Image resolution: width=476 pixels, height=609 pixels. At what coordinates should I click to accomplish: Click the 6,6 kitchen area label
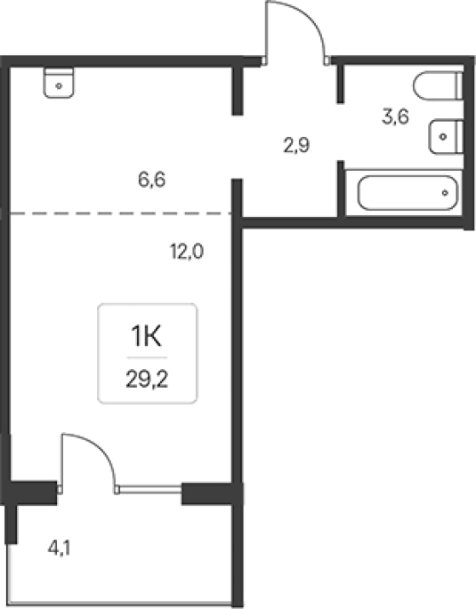pyautogui.click(x=152, y=180)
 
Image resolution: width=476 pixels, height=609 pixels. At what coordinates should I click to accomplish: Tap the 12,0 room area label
pyautogui.click(x=187, y=252)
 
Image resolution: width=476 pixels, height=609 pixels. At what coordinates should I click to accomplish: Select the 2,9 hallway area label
pyautogui.click(x=296, y=146)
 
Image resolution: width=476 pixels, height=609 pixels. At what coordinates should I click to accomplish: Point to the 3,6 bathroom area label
pyautogui.click(x=395, y=116)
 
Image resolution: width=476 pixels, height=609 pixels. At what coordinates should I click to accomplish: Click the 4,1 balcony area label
pyautogui.click(x=60, y=549)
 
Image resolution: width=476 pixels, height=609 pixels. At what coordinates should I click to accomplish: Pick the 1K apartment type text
pyautogui.click(x=147, y=336)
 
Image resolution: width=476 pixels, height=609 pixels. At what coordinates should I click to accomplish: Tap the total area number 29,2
pyautogui.click(x=147, y=379)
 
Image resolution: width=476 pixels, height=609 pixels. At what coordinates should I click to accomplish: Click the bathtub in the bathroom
pyautogui.click(x=408, y=193)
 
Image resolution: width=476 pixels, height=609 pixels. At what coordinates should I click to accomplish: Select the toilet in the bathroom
pyautogui.click(x=439, y=86)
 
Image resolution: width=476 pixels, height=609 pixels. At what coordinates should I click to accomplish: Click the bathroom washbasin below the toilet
pyautogui.click(x=447, y=136)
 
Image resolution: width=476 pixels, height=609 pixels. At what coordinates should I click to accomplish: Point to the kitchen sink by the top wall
pyautogui.click(x=59, y=83)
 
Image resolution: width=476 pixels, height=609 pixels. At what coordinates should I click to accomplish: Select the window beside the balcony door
pyautogui.click(x=150, y=489)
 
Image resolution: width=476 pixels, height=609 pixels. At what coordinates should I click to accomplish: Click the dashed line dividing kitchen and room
pyautogui.click(x=120, y=213)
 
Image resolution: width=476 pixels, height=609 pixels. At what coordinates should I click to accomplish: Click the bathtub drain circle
pyautogui.click(x=445, y=193)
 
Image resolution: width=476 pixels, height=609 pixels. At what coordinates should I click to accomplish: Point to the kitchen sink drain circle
pyautogui.click(x=59, y=86)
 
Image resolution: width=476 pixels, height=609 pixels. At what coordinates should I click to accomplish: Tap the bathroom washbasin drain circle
pyautogui.click(x=442, y=137)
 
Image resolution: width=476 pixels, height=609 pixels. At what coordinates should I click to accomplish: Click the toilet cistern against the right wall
pyautogui.click(x=460, y=86)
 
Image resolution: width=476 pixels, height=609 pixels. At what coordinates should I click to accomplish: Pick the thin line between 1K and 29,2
pyautogui.click(x=147, y=357)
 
